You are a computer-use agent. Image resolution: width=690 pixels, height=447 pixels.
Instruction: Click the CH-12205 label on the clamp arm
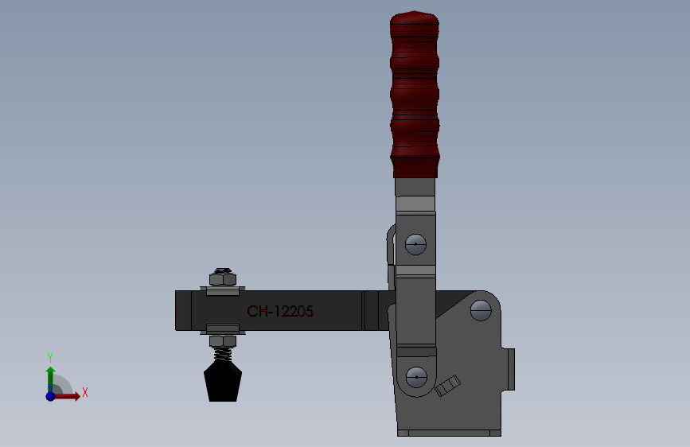(280, 312)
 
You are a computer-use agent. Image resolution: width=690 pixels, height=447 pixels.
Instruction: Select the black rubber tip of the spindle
(223, 383)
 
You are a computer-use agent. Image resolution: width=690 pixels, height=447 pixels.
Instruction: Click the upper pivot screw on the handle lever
(415, 244)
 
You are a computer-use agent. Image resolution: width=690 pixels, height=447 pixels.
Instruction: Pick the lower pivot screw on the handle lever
(415, 375)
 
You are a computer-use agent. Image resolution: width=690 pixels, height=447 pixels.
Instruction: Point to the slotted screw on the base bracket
(481, 309)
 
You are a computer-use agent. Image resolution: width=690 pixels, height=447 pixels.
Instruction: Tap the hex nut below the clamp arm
(223, 341)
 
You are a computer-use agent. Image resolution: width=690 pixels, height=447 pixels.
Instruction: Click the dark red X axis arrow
(68, 395)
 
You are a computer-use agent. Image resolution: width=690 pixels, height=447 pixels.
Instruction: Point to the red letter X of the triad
(84, 392)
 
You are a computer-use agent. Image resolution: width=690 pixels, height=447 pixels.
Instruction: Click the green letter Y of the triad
(49, 357)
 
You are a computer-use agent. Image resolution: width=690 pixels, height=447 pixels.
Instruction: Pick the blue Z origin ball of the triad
(50, 395)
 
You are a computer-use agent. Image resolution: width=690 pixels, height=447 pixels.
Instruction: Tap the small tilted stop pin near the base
(447, 387)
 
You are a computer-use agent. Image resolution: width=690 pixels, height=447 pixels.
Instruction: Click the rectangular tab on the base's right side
(511, 369)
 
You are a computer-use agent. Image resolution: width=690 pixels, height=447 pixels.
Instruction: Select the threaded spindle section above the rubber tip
(223, 354)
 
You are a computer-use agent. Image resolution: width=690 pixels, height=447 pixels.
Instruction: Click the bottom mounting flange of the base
(450, 433)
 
